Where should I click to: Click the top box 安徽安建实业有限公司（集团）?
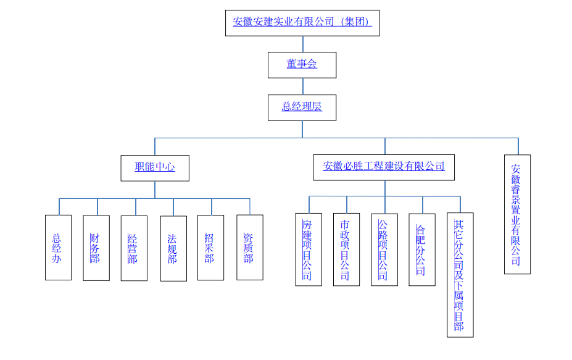pos(302,23)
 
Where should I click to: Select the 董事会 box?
pos(302,65)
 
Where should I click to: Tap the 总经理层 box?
pos(302,107)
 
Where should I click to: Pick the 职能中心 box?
pos(155,168)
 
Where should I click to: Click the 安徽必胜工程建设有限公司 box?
pos(384,167)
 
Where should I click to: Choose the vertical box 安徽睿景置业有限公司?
pos(517,214)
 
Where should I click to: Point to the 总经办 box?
pos(59,248)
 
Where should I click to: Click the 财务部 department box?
pos(96,248)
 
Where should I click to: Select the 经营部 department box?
pos(135,248)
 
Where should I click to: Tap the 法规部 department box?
pos(173,249)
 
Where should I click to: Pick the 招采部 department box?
pos(211,248)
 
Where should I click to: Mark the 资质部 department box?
pos(250,248)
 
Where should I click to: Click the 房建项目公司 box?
pos(309,249)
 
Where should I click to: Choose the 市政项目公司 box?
pos(347,249)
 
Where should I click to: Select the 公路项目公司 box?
pos(384,249)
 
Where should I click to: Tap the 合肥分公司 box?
pos(422,249)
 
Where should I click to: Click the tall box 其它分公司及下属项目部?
pos(460,275)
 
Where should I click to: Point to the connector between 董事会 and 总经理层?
pos(303,86)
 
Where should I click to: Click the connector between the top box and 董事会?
pos(303,44)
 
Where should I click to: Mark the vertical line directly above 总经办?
pos(59,207)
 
